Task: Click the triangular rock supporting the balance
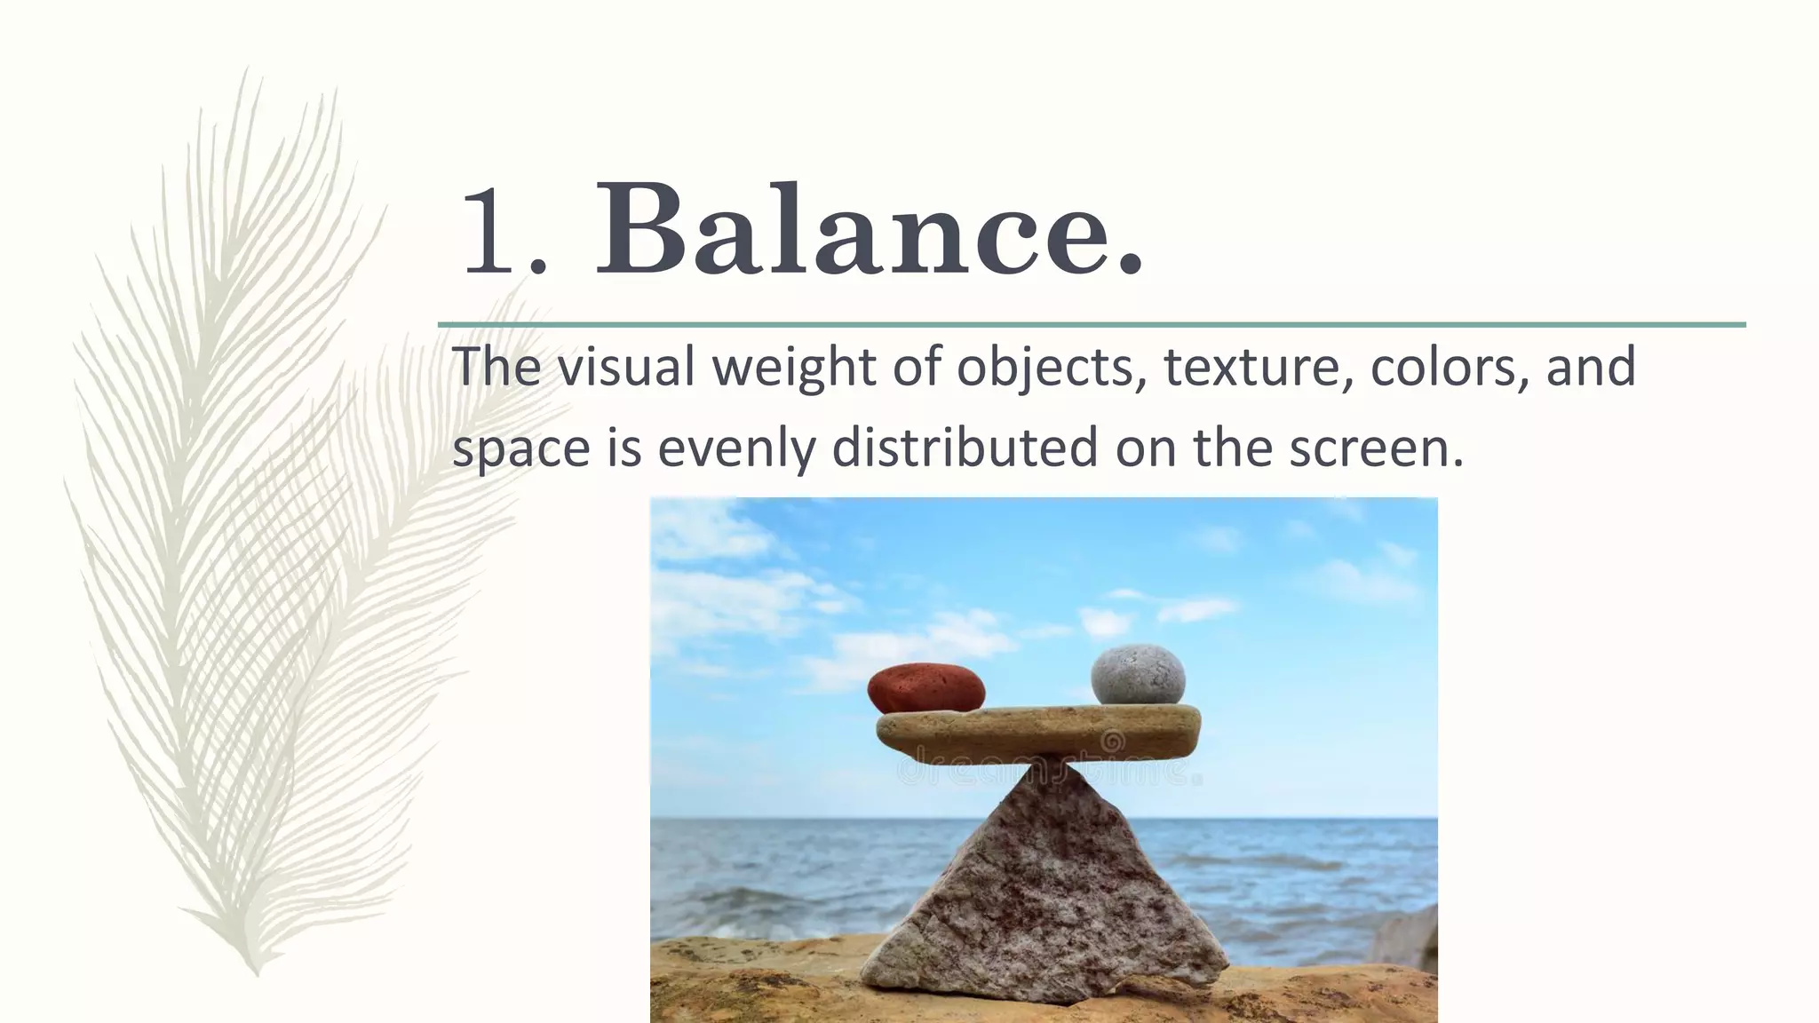coord(1048,897)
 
